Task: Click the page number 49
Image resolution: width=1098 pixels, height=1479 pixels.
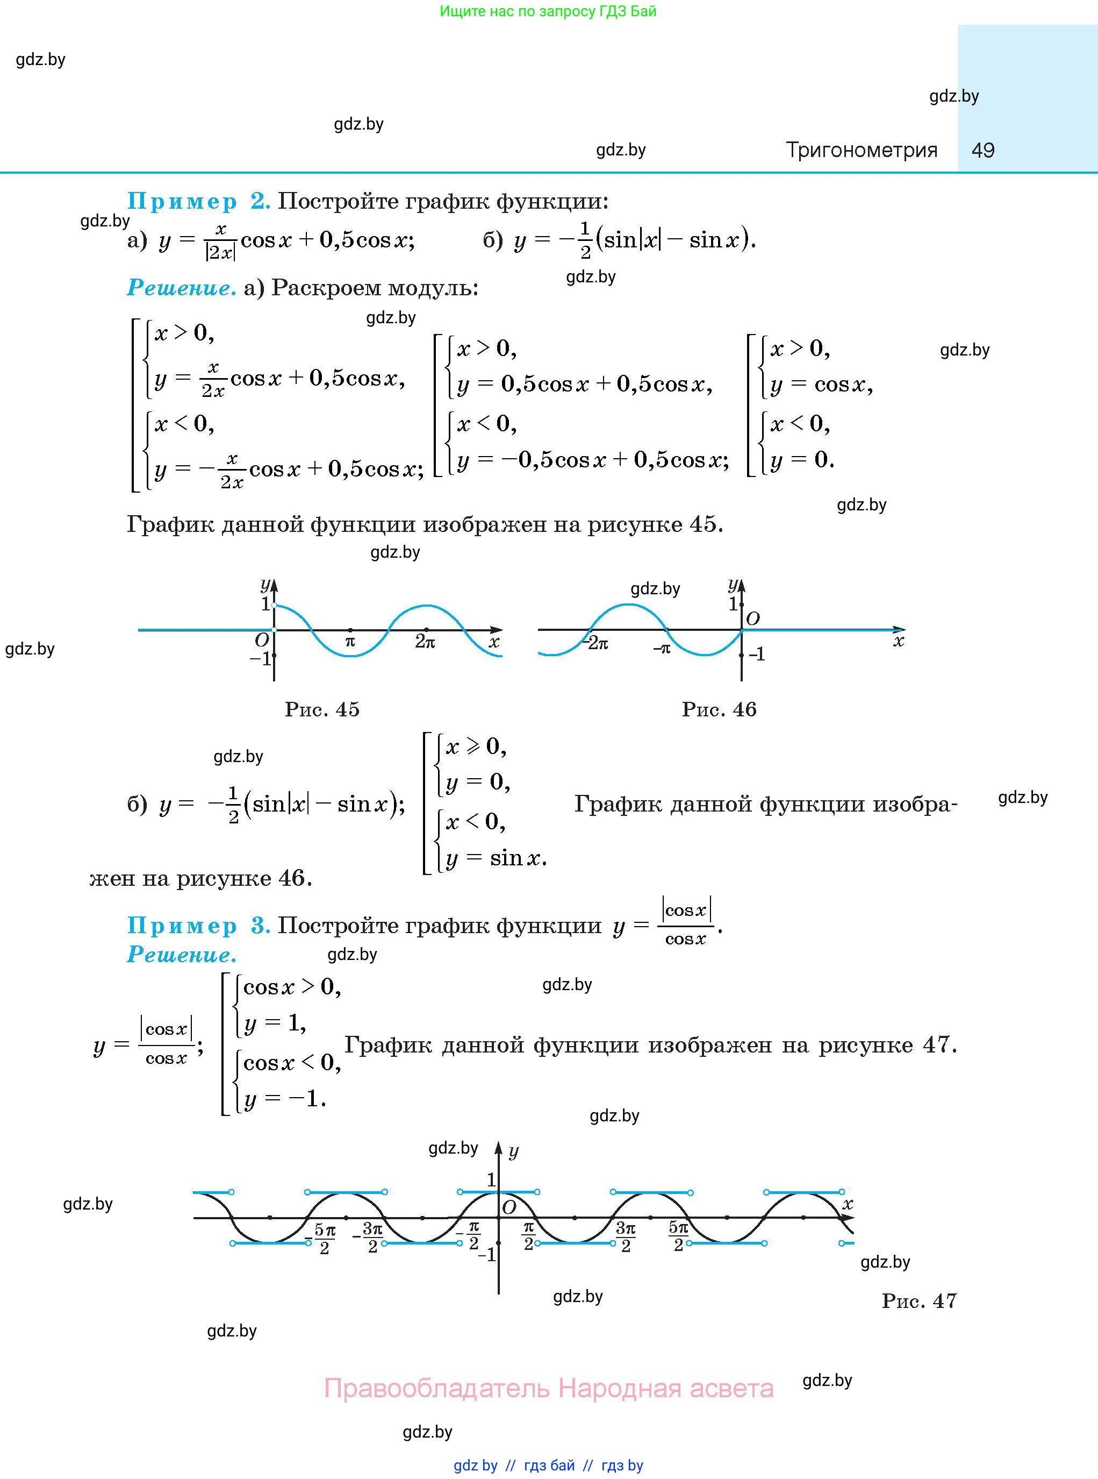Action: [x=982, y=150]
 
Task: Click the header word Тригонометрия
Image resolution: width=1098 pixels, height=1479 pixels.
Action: [x=862, y=150]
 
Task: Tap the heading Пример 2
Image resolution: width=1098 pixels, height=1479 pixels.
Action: [x=198, y=201]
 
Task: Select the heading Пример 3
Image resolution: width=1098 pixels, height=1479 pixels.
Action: [x=198, y=925]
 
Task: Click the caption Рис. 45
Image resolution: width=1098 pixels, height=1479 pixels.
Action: [x=322, y=709]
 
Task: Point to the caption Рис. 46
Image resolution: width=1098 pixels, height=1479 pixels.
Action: [x=719, y=709]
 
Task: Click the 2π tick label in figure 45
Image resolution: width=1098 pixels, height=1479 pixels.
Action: [x=425, y=642]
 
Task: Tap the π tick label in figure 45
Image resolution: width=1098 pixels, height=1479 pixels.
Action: [x=350, y=642]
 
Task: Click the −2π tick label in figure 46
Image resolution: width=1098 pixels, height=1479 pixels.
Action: [x=595, y=644]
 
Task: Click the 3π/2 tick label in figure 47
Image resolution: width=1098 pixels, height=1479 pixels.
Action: [x=626, y=1237]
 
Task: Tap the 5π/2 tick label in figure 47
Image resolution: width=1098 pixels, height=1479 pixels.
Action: [x=679, y=1237]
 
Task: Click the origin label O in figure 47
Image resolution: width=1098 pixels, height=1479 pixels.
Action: [x=509, y=1208]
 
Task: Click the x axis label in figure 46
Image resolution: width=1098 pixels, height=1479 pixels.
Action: [x=899, y=641]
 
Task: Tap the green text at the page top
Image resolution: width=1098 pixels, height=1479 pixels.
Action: [x=548, y=11]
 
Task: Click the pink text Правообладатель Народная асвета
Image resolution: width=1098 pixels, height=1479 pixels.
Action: [x=548, y=1389]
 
